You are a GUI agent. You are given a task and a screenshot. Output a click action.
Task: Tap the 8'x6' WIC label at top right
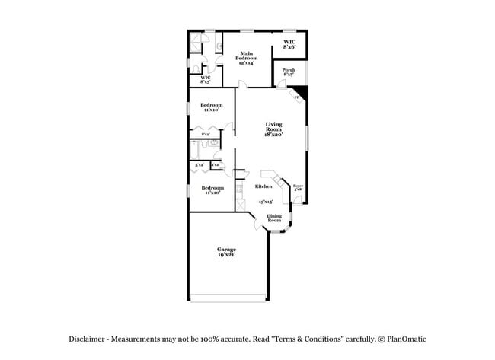[x=289, y=44]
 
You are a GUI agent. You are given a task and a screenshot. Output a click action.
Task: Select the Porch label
[x=288, y=70]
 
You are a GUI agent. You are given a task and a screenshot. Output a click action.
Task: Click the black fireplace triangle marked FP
[x=301, y=93]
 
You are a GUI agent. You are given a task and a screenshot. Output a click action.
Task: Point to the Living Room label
[x=273, y=126]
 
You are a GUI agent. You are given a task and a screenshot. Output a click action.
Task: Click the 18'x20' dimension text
[x=273, y=135]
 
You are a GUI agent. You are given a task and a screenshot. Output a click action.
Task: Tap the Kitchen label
[x=263, y=186]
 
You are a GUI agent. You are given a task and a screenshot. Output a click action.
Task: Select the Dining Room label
[x=274, y=218]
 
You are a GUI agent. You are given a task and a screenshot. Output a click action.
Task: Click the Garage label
[x=226, y=249]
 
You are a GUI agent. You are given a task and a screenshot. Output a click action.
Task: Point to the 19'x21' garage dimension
[x=226, y=255]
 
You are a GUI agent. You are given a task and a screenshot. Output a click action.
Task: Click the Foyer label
[x=299, y=186]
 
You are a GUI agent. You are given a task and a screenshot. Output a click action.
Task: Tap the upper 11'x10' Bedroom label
[x=211, y=107]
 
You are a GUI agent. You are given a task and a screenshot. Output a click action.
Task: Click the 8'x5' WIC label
[x=206, y=78]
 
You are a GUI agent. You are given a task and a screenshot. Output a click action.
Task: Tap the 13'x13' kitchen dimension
[x=265, y=202]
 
